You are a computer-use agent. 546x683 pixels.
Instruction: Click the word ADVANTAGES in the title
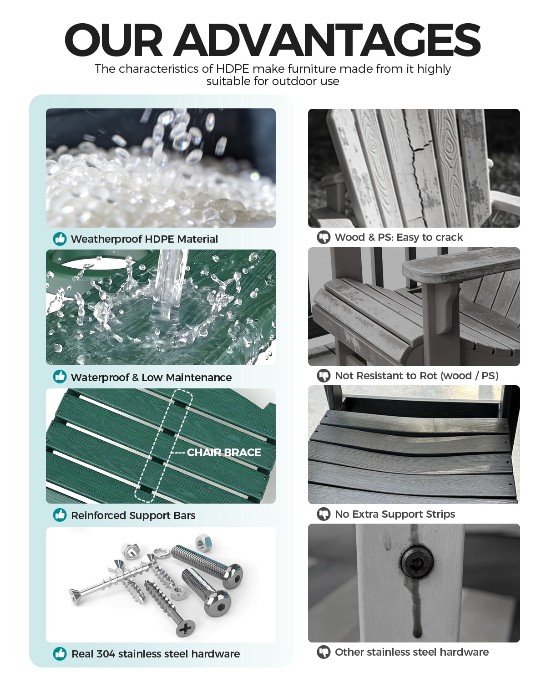point(328,40)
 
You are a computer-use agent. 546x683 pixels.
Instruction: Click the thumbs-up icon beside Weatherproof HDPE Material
point(60,239)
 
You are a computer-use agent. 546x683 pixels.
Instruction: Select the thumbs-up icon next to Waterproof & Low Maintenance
point(60,377)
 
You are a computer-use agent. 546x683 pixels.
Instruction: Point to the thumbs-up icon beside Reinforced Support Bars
point(60,515)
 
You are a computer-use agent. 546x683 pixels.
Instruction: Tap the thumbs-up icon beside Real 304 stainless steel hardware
point(60,653)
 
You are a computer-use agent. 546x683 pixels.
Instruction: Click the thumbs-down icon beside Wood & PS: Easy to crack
point(324,237)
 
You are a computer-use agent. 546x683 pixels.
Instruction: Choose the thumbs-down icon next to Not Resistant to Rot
point(324,376)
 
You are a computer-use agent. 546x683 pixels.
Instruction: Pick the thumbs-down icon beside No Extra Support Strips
point(324,514)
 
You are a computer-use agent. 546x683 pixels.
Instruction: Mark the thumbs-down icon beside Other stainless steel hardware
point(324,652)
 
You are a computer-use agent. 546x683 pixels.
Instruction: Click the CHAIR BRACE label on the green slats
point(224,452)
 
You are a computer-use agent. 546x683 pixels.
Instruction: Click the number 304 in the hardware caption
point(106,654)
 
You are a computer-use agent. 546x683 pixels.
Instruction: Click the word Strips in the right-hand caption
point(442,514)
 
